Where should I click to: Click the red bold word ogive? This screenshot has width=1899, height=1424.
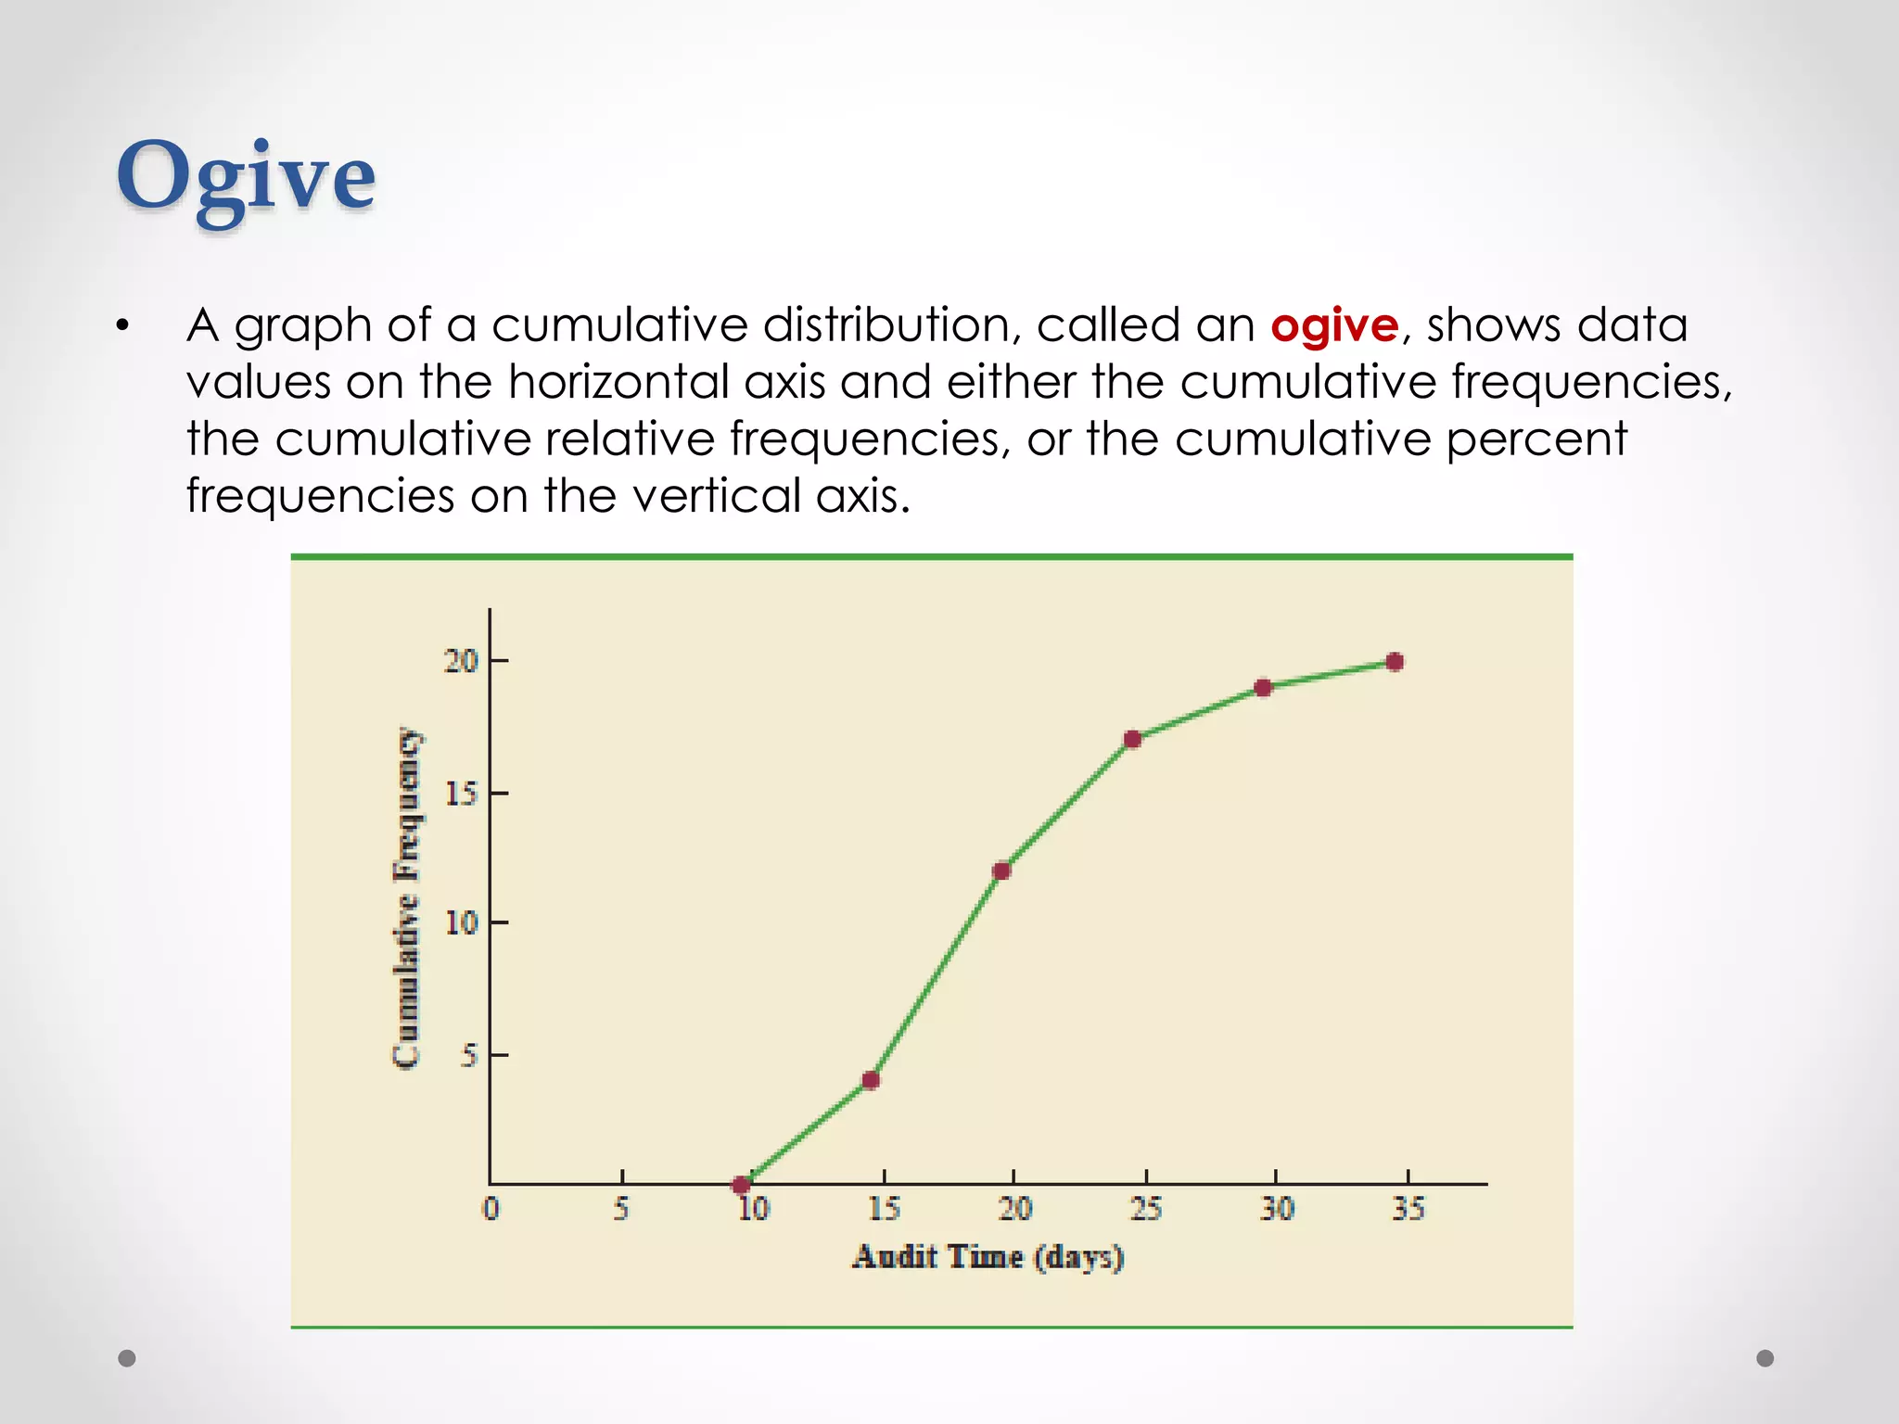(x=1333, y=325)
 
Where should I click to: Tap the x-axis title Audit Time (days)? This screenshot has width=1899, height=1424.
(x=988, y=1257)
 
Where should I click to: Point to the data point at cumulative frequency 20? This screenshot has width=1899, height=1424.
(x=1395, y=662)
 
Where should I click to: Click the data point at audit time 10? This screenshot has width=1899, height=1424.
(x=741, y=1185)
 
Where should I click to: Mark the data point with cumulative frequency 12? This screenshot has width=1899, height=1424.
(x=1001, y=871)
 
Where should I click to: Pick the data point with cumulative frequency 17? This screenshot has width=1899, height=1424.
(x=1132, y=739)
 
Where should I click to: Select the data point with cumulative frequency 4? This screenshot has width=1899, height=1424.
(x=871, y=1080)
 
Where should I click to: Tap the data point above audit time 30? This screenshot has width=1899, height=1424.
(x=1263, y=688)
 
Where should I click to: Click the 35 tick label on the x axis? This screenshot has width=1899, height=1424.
(x=1408, y=1208)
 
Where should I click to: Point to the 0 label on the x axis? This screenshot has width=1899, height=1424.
(x=491, y=1208)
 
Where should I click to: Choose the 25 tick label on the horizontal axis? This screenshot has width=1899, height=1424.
(x=1146, y=1208)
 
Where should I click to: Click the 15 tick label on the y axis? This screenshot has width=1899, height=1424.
(x=461, y=794)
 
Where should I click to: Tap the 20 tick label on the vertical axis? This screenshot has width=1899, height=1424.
(x=461, y=661)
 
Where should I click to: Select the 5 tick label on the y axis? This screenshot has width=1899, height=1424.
(x=469, y=1055)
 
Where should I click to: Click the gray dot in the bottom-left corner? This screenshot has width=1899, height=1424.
(x=127, y=1358)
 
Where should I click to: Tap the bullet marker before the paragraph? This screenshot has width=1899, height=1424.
(x=122, y=326)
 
